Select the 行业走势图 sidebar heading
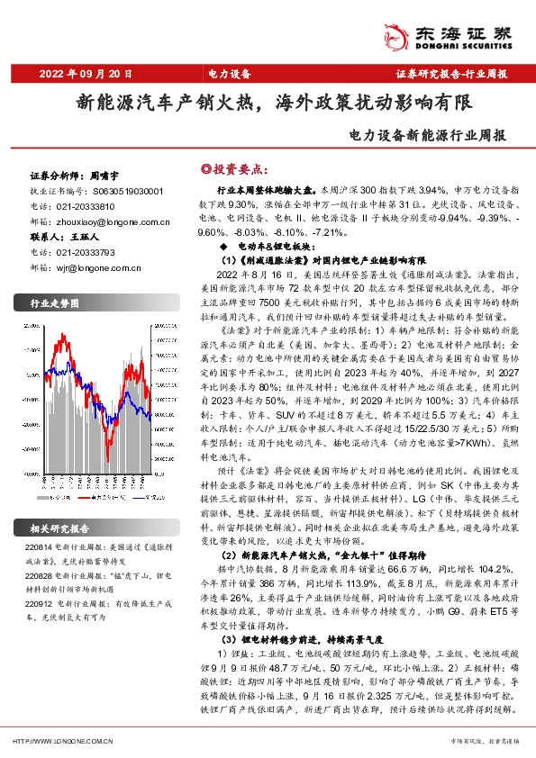[56, 302]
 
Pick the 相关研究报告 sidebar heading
[62, 528]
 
